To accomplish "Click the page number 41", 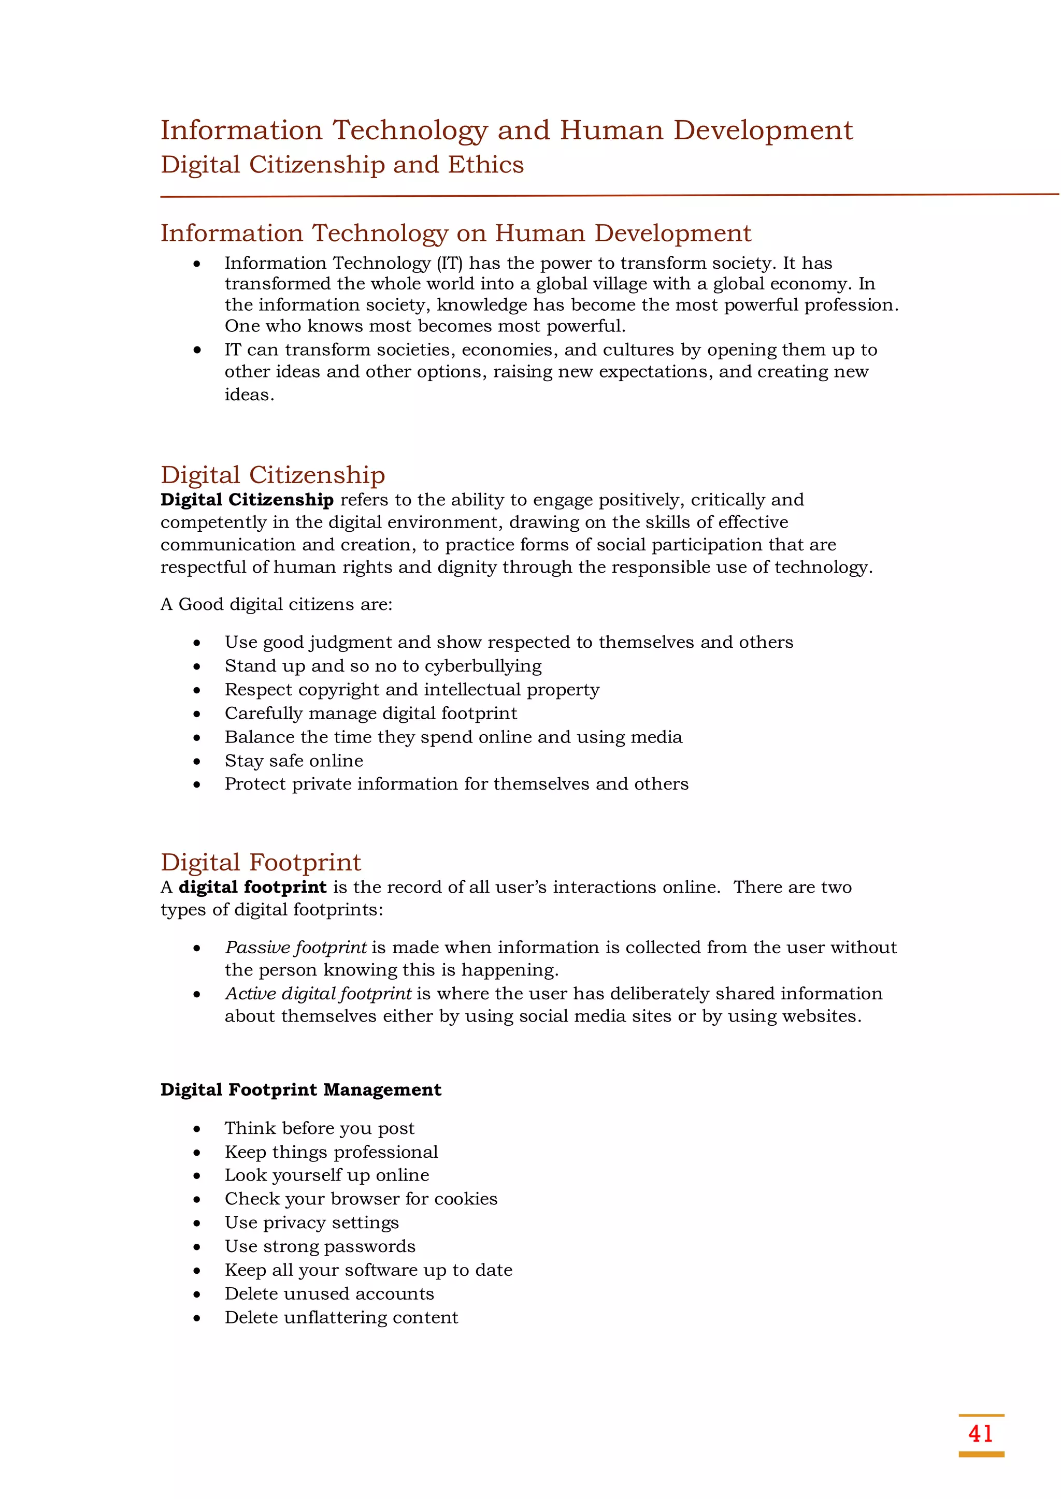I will coord(980,1433).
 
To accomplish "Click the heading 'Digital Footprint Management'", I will coord(300,1089).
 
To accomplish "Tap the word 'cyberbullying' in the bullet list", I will coord(483,666).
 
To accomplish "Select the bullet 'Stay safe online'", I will coord(293,761).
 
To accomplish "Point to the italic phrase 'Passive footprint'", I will coord(295,948).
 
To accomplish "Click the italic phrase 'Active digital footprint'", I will coord(318,994).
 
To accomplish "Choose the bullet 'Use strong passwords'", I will coord(320,1246).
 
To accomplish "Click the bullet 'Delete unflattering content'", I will coord(341,1317).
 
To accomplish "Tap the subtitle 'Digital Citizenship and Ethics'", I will coord(342,165).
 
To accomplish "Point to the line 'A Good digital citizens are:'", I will coord(276,605).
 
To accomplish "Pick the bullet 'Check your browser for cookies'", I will coord(361,1199).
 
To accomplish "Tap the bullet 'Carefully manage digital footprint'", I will coord(370,714).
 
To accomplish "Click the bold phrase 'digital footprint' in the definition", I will coord(252,887).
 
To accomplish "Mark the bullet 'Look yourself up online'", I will coord(327,1175).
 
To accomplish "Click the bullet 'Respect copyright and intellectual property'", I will coord(411,690).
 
